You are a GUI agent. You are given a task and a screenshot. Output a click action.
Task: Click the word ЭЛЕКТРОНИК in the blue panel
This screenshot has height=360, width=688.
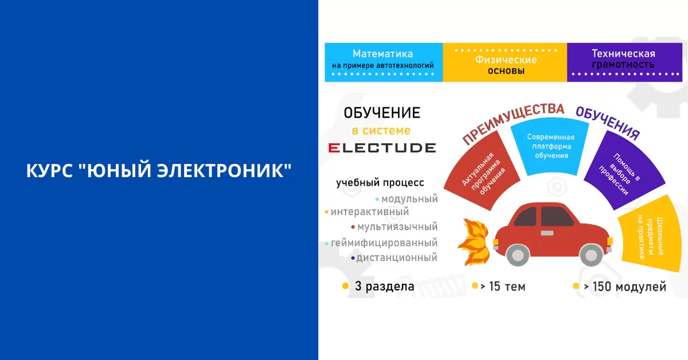point(224,170)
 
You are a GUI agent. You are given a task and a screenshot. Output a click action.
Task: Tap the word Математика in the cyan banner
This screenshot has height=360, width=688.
point(383,54)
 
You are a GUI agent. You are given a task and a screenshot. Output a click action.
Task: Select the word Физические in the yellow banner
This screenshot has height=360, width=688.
point(506,60)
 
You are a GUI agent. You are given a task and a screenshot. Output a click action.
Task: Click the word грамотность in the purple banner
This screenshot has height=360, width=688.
point(623,65)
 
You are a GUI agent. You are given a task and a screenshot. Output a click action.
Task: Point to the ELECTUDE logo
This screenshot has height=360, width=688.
point(382,148)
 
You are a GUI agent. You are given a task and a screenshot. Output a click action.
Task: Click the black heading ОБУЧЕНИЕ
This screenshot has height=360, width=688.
point(382,113)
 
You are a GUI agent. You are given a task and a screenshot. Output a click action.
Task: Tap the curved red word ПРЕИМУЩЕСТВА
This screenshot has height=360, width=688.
point(513,122)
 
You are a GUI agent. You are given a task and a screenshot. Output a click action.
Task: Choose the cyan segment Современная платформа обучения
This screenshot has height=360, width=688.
point(550,147)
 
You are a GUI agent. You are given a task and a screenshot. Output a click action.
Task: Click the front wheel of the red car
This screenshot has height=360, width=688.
point(591,255)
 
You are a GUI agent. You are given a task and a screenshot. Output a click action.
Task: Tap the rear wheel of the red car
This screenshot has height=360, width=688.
point(518,255)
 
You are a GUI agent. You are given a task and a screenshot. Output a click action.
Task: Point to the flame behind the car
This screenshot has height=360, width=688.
point(474,242)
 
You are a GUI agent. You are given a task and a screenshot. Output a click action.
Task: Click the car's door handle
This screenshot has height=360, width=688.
point(547,233)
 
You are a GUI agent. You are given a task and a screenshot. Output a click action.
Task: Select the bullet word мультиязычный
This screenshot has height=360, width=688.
point(397,226)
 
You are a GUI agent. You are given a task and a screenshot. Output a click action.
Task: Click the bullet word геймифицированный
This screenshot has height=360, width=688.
point(384,242)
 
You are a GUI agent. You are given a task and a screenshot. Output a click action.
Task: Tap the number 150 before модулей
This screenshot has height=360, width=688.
point(603,287)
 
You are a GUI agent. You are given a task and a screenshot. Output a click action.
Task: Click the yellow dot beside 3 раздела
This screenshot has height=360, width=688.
point(346,286)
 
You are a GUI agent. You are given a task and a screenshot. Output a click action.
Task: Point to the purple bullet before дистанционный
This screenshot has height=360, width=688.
point(353,258)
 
